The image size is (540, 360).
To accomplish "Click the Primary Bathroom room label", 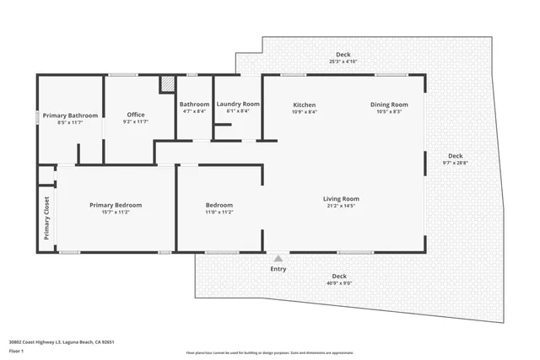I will pyautogui.click(x=71, y=116).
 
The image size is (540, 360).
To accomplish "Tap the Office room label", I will pyautogui.click(x=136, y=115).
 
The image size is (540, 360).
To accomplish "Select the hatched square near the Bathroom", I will pyautogui.click(x=169, y=85).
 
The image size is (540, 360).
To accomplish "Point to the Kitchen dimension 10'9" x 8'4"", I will pyautogui.click(x=304, y=111).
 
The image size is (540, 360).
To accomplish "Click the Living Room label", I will pyautogui.click(x=341, y=198).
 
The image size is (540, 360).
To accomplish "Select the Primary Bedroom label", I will pyautogui.click(x=116, y=205).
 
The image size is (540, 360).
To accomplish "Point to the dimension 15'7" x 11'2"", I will pyautogui.click(x=116, y=212).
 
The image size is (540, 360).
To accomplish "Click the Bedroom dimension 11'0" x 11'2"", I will pyautogui.click(x=219, y=212).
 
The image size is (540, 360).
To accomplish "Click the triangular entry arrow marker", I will pyautogui.click(x=278, y=257).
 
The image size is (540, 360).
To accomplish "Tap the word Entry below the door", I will pyautogui.click(x=278, y=269).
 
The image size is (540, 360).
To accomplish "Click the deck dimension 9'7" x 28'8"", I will pyautogui.click(x=455, y=163).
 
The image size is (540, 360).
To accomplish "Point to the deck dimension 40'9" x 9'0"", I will pyautogui.click(x=338, y=283).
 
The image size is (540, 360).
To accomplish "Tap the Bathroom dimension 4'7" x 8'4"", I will pyautogui.click(x=194, y=111).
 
